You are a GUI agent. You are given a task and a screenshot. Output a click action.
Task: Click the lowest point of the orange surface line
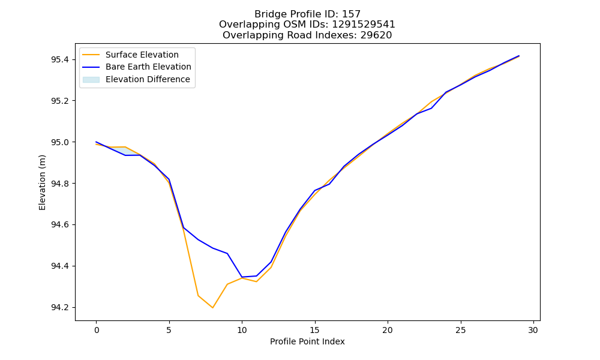pos(213,308)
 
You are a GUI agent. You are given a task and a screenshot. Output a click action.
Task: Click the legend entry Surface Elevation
pos(142,55)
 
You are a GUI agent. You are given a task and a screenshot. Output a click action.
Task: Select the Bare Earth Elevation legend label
pos(148,67)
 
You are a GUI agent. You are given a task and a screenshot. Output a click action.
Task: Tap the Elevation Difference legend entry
pos(148,79)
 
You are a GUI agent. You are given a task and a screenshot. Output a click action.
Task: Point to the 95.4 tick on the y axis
pos(60,59)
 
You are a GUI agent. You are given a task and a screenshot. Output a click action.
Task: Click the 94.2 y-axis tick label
pos(60,308)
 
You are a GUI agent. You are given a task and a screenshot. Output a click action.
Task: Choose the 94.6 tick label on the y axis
pos(60,225)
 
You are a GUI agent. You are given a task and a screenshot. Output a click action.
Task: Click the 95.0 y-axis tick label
pos(60,142)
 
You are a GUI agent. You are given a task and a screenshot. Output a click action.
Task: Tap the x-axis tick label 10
pos(242,330)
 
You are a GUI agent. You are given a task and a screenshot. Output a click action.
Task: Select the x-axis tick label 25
pos(461,330)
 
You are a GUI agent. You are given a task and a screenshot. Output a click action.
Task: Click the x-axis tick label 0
pos(97,330)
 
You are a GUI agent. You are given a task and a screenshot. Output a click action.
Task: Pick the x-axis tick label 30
pos(533,330)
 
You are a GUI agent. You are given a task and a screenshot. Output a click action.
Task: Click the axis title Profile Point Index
pos(307,341)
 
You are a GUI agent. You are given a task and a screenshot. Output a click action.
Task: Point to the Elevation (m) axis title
pos(42,182)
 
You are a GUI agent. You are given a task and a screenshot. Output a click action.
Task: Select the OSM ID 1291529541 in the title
pos(364,25)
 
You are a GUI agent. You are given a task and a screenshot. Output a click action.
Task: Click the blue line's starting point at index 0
pos(96,142)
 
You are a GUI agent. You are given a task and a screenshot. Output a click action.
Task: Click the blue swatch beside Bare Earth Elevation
pos(91,67)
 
